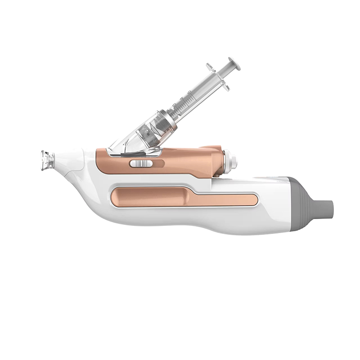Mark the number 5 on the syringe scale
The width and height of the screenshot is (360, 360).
pyautogui.click(x=189, y=92)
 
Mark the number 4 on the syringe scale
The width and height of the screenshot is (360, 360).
pyautogui.click(x=181, y=98)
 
